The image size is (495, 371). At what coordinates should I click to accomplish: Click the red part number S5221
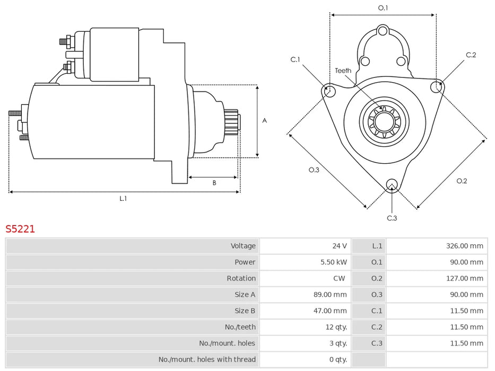20,229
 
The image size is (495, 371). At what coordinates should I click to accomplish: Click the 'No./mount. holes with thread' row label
207,359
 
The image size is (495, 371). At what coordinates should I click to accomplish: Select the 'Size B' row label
245,311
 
